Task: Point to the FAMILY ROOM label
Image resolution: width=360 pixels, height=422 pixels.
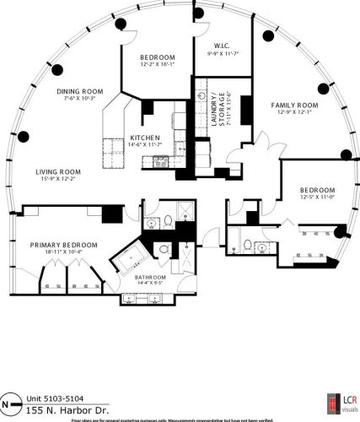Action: pyautogui.click(x=293, y=105)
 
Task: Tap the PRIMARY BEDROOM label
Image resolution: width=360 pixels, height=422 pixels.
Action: pyautogui.click(x=63, y=244)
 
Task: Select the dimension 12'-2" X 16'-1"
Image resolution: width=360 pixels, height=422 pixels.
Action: pyautogui.click(x=159, y=64)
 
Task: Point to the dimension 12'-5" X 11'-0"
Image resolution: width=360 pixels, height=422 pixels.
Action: pyautogui.click(x=316, y=197)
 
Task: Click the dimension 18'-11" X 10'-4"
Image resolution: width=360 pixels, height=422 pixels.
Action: pyautogui.click(x=63, y=252)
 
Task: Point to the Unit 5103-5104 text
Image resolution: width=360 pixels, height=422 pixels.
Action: pyautogui.click(x=56, y=399)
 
